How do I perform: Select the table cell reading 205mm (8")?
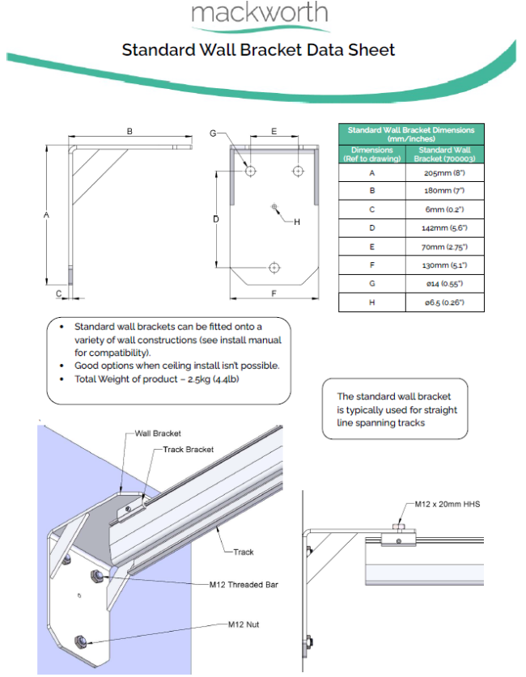444,173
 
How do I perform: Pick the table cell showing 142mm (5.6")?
444,228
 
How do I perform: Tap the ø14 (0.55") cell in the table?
444,284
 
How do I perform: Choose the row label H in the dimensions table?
371,303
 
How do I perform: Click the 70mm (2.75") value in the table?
444,247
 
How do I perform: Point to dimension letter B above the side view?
129,131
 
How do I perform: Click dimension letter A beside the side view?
47,214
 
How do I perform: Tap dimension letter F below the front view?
274,294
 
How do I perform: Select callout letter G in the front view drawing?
213,133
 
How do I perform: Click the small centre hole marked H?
274,207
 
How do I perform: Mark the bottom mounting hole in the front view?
274,268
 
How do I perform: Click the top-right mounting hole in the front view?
298,171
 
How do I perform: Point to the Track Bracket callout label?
189,450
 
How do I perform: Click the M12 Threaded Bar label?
244,585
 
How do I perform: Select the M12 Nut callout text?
244,624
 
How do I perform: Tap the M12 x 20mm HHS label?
448,504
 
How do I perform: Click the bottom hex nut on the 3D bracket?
80,641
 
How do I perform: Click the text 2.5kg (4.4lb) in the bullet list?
214,379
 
